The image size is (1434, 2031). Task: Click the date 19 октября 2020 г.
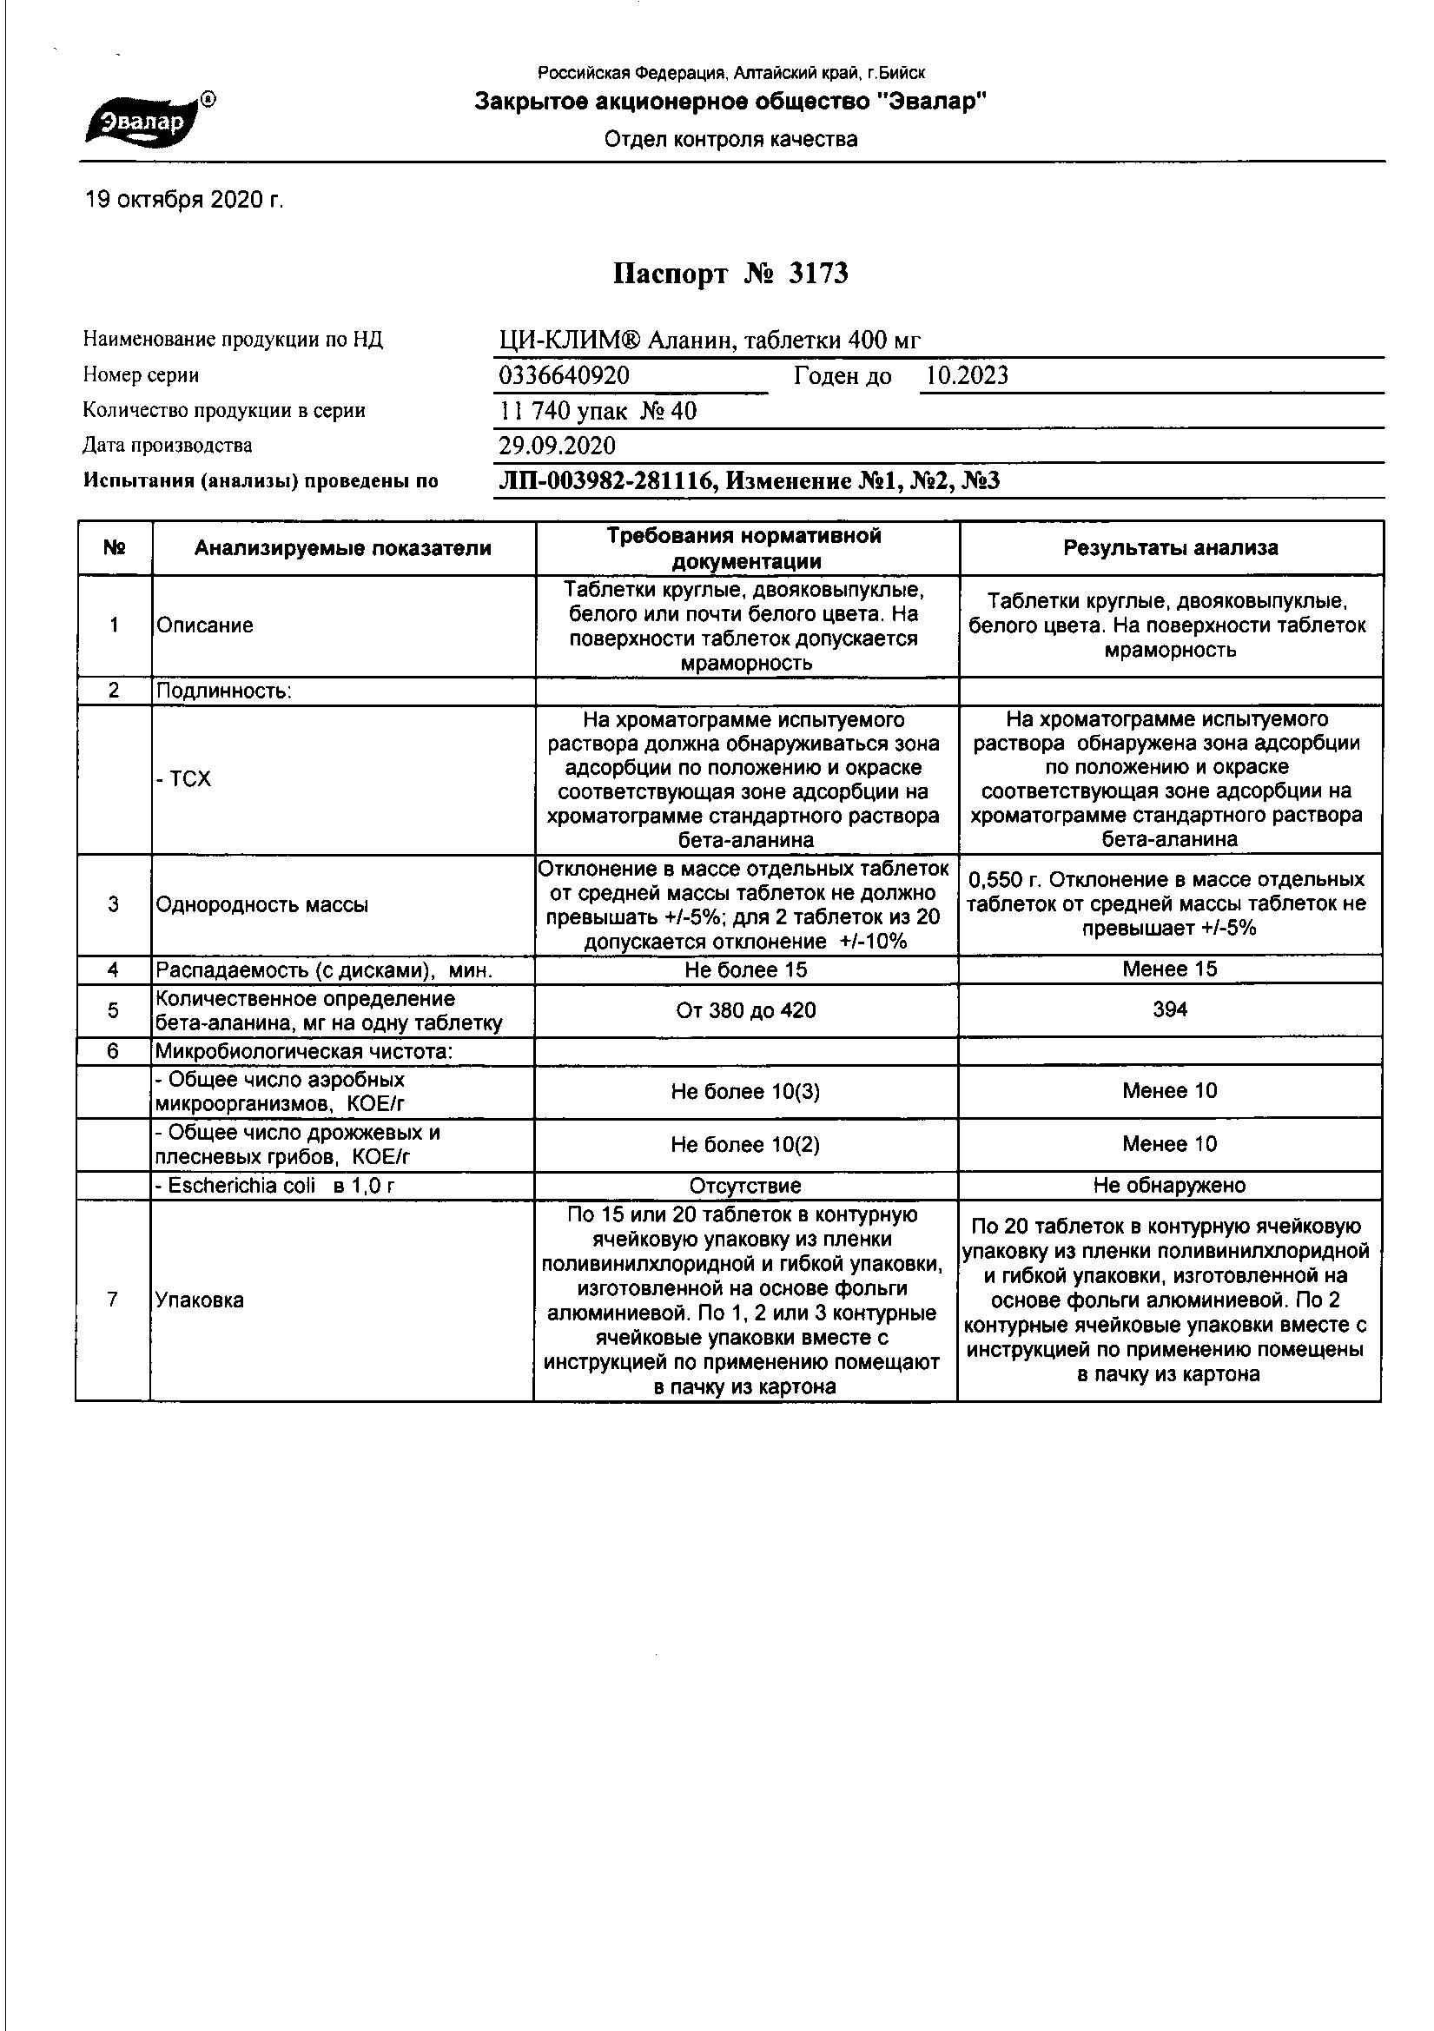point(184,201)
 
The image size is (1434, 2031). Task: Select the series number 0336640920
point(565,376)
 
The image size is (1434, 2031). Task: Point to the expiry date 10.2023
point(966,376)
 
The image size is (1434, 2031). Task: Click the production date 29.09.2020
point(558,446)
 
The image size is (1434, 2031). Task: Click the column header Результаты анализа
point(1170,548)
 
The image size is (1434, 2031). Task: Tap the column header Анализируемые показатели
point(343,548)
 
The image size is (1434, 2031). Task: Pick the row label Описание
point(205,625)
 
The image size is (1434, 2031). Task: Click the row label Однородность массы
point(261,905)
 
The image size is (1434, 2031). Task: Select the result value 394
point(1169,1010)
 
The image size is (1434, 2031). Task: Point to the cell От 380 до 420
point(746,1010)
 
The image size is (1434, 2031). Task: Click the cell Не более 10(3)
point(746,1093)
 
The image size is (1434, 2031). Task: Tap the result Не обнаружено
point(1169,1187)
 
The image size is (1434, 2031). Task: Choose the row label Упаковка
point(200,1300)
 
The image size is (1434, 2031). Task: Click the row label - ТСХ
point(184,779)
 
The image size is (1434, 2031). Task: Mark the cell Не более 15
point(746,970)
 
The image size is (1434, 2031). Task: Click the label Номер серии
point(142,375)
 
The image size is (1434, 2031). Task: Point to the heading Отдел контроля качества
point(730,139)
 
